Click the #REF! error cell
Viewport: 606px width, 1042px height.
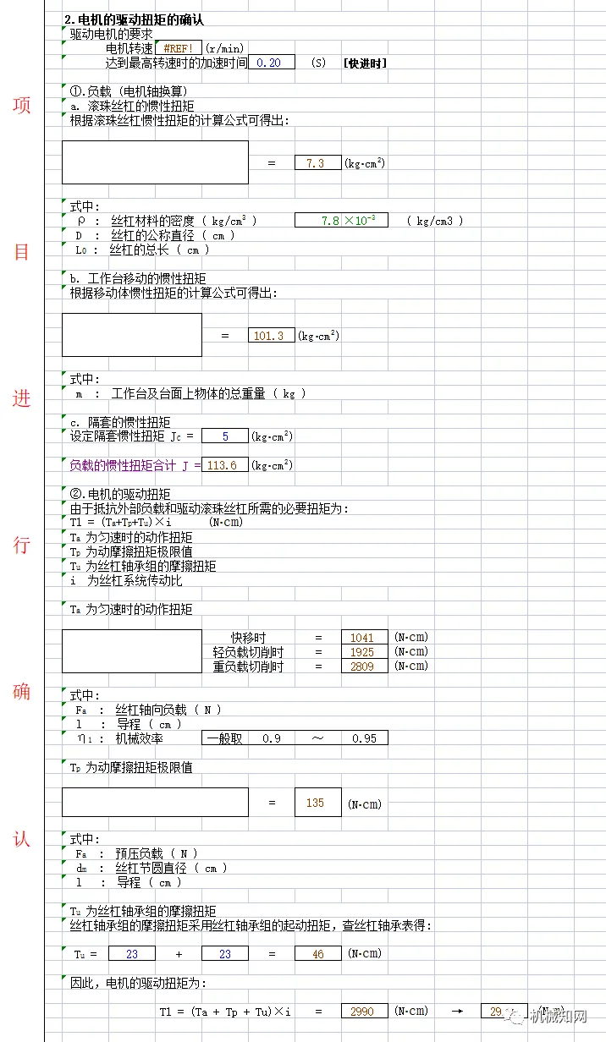(178, 49)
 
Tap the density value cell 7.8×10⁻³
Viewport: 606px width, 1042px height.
(341, 221)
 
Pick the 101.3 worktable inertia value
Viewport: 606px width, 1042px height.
(271, 336)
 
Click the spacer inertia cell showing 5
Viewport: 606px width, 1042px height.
(225, 436)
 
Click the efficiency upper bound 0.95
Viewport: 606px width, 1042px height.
(364, 738)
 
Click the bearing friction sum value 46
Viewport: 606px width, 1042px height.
(317, 953)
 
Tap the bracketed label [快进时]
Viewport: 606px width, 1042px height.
(365, 63)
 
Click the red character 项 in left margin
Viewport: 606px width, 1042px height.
(22, 106)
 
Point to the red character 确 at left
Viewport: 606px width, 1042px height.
(22, 692)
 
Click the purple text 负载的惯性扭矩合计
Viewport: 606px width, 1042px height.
(123, 465)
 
